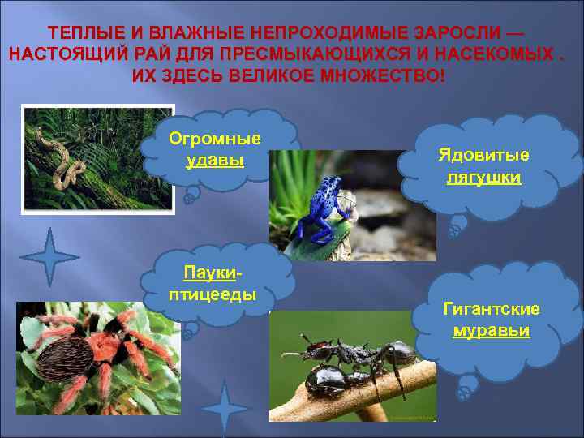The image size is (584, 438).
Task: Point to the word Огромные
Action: [215, 138]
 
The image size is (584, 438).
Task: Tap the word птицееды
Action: [213, 293]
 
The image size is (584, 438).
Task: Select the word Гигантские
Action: [492, 309]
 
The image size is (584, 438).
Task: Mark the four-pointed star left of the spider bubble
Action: [49, 258]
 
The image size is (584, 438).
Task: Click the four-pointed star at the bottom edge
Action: [226, 410]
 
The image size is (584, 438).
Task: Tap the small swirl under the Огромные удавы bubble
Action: [191, 195]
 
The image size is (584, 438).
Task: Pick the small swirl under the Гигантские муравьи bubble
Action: [465, 393]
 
